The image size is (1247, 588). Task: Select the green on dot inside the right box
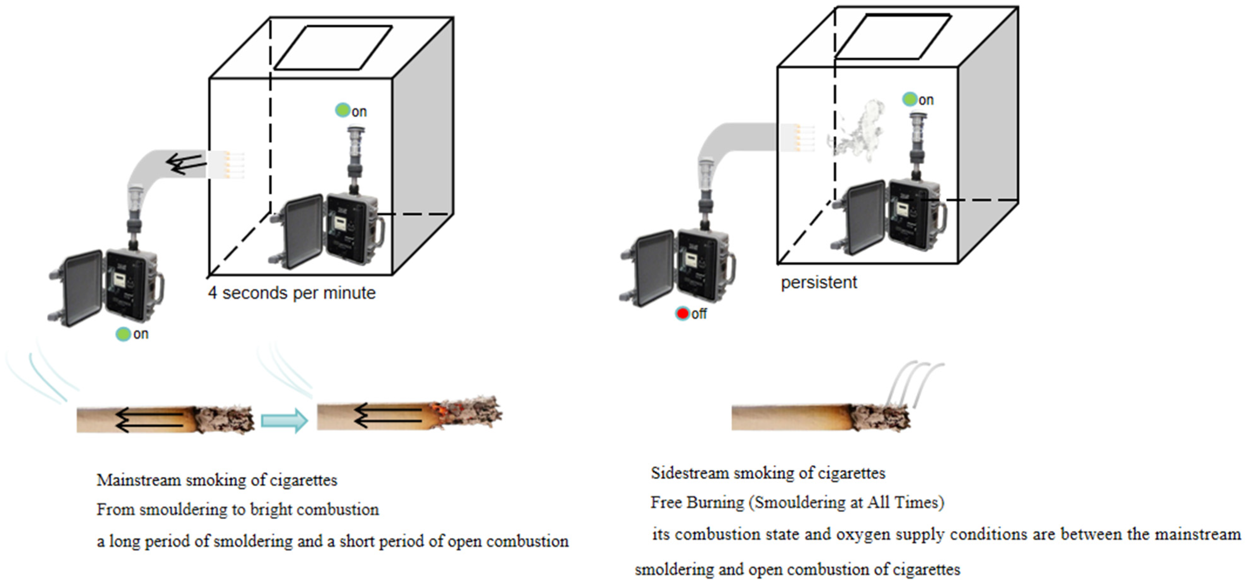pos(910,99)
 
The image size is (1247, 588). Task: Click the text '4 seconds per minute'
pos(292,293)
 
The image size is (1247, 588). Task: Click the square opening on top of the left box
pos(333,48)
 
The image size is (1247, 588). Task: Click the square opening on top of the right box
pos(893,37)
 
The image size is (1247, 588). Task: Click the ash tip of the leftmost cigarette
pos(225,419)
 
